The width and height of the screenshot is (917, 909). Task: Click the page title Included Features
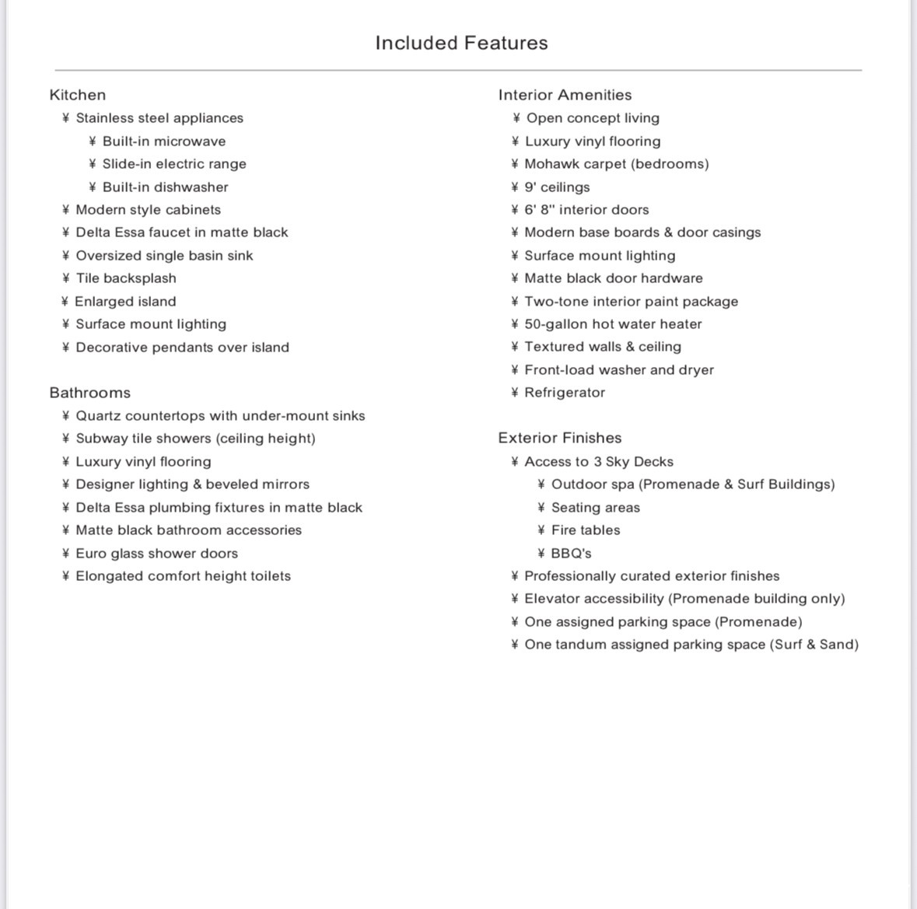point(461,43)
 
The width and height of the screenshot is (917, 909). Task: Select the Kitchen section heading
point(78,95)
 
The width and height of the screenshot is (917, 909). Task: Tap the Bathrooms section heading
point(90,393)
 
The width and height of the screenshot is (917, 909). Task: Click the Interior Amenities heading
point(565,95)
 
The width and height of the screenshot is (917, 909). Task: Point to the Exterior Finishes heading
point(560,438)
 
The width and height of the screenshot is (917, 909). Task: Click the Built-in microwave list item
point(164,142)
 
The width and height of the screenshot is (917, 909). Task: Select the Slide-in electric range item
point(174,164)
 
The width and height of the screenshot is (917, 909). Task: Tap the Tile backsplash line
point(126,278)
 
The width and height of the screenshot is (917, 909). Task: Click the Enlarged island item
point(125,302)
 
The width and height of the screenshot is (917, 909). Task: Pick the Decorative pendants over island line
point(182,348)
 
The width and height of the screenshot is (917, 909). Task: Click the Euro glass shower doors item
point(156,554)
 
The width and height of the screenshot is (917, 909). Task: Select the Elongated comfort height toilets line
point(183,576)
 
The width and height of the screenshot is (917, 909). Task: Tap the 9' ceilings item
point(557,187)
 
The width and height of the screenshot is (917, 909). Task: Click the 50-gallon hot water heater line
point(613,324)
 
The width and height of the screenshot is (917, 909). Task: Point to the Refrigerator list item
point(565,393)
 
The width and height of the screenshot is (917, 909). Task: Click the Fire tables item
point(586,530)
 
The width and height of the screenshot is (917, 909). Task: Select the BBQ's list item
point(571,554)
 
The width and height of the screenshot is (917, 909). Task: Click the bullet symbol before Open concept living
point(516,118)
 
